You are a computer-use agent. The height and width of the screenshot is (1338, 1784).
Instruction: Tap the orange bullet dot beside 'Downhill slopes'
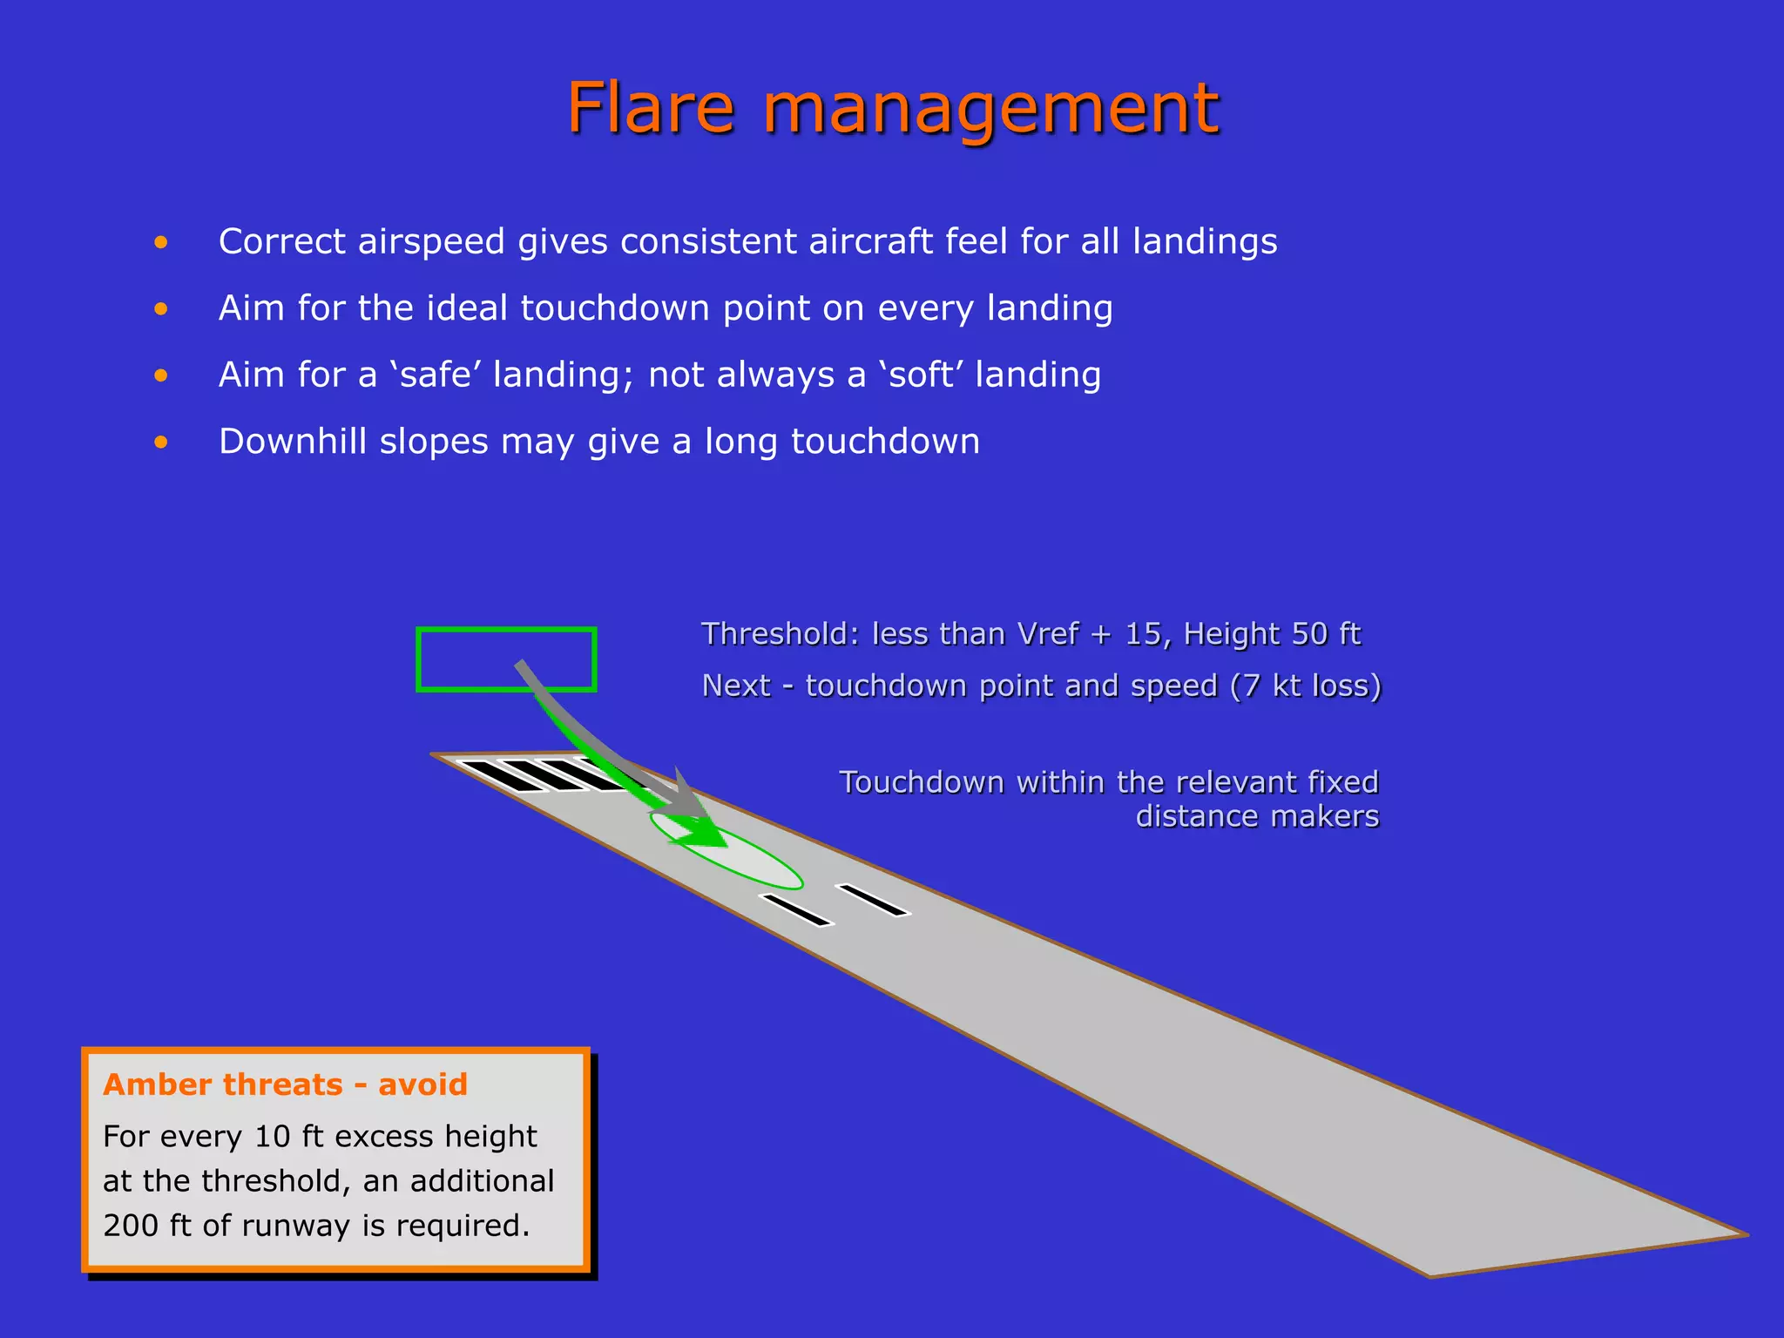[x=161, y=443]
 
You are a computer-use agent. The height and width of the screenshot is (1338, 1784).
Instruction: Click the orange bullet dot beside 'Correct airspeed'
[x=161, y=243]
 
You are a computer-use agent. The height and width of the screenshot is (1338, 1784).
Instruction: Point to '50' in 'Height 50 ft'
[x=1309, y=634]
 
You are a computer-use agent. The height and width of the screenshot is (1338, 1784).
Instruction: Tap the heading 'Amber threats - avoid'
[x=285, y=1085]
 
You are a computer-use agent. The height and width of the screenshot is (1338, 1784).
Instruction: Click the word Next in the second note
[x=736, y=686]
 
